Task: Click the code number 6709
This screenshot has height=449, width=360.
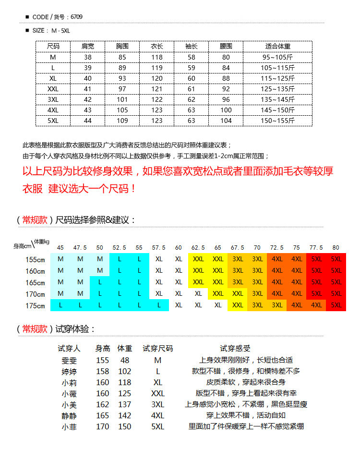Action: pos(76,17)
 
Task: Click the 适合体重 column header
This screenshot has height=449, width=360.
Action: pos(277,47)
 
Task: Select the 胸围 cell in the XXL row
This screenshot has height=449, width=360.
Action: pos(122,89)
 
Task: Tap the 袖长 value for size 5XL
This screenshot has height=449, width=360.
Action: pos(192,121)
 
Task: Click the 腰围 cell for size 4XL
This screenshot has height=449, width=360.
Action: pos(226,110)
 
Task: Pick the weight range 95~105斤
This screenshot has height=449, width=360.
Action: pos(277,57)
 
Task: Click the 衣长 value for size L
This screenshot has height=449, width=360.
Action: pos(157,68)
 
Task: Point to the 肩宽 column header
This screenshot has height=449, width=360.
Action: pos(88,47)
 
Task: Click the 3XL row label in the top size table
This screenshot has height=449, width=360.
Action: pos(53,99)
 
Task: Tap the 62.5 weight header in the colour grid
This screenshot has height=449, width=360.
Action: pos(198,248)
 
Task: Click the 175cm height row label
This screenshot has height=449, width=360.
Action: pos(36,305)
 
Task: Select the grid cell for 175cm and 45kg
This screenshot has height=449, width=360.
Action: pos(60,305)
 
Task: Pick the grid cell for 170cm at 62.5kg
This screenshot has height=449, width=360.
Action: pos(198,293)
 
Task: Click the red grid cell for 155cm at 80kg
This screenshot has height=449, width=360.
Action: pos(336,259)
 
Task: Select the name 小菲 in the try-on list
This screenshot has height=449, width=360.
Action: pos(69,426)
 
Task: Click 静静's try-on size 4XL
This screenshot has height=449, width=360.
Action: pos(157,415)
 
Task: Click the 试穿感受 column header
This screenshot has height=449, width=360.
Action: pos(235,349)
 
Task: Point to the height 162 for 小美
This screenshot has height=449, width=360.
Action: pos(103,404)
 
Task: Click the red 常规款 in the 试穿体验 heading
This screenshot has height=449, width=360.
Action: pos(35,329)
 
